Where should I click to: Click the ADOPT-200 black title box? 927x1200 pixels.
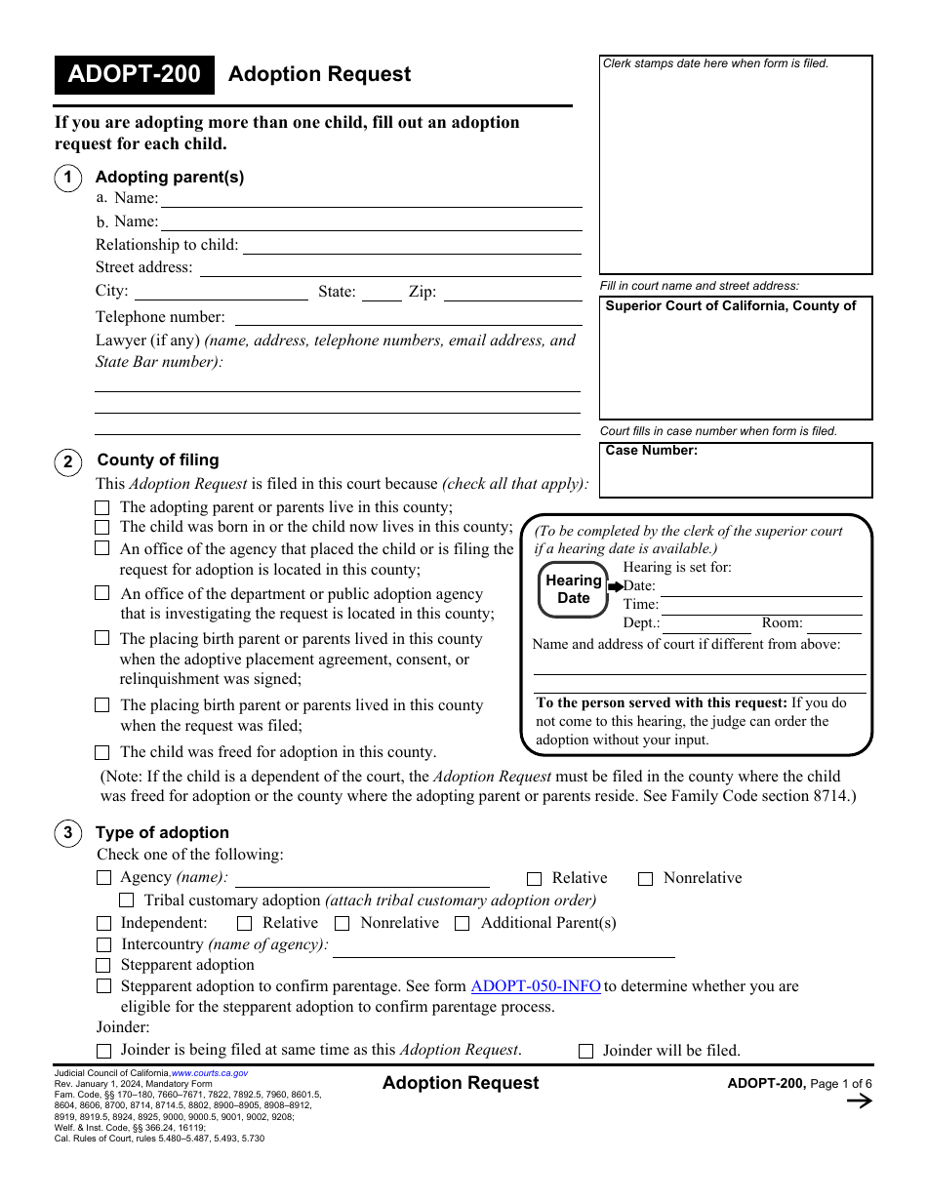[134, 75]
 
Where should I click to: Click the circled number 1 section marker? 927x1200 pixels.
[67, 178]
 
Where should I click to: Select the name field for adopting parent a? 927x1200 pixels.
[371, 198]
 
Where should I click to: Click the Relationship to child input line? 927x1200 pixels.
[411, 245]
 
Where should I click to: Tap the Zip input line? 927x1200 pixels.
[511, 292]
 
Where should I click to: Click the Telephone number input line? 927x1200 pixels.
[407, 317]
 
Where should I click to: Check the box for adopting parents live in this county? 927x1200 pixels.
[102, 507]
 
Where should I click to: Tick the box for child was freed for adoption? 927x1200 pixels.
[102, 752]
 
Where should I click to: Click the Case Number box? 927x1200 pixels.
[736, 470]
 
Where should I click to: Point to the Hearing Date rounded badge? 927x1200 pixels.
[573, 589]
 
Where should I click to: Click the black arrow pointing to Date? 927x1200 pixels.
[615, 586]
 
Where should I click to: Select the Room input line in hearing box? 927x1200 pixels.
[833, 624]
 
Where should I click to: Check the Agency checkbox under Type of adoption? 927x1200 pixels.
[104, 878]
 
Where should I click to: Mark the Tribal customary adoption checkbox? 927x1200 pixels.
[127, 900]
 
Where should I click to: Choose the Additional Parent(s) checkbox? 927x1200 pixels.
[463, 923]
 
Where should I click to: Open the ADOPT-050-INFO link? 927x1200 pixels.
[536, 986]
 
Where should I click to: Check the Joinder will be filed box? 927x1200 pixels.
[586, 1051]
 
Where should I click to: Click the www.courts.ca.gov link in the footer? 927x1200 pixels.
[210, 1073]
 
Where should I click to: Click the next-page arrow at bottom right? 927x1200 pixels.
[859, 1101]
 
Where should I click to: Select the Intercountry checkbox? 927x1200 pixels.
[104, 944]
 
